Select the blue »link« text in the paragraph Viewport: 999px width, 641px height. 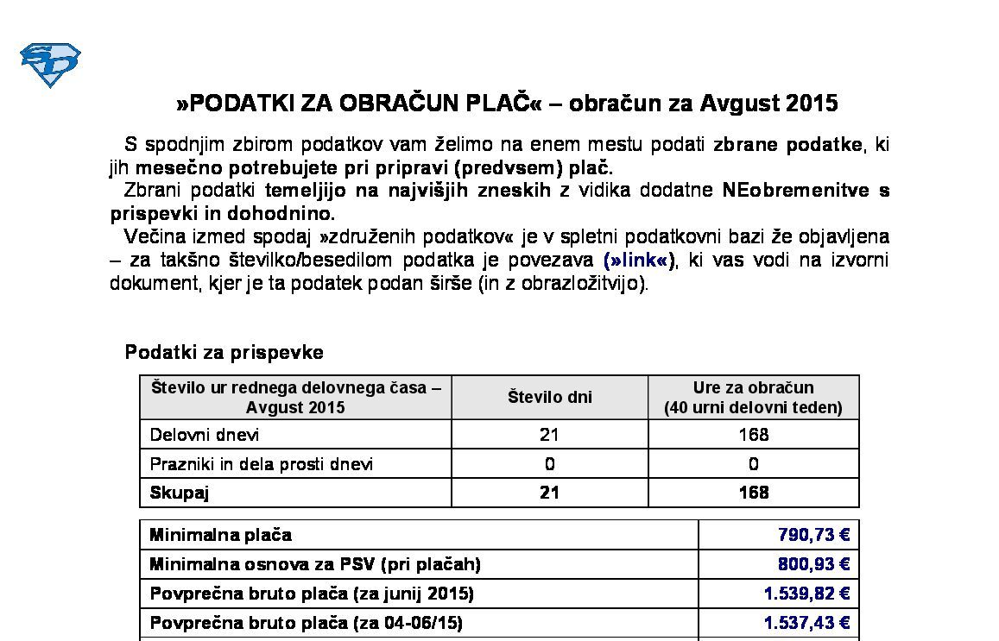[640, 260]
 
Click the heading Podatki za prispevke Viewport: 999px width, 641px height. [224, 352]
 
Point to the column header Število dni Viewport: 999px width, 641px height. [549, 398]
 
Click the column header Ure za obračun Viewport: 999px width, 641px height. [753, 388]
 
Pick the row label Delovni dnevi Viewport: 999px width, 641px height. [205, 435]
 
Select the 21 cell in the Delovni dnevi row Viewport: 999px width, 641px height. [549, 435]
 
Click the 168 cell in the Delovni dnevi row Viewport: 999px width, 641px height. [753, 435]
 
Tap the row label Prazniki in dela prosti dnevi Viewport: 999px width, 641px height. [262, 464]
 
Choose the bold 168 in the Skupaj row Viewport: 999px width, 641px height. [753, 493]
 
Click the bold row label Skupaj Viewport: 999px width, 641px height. [180, 493]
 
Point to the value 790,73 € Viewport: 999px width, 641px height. [813, 535]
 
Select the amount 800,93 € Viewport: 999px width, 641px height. [813, 564]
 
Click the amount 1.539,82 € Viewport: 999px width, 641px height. [806, 594]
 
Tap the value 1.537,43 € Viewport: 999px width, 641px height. [806, 623]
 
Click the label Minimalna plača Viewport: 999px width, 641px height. [220, 535]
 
